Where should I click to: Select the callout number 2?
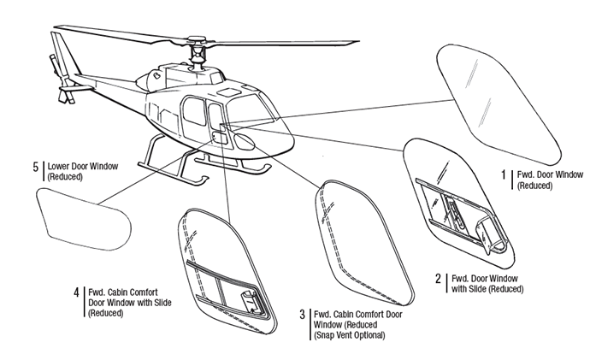[440, 278]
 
